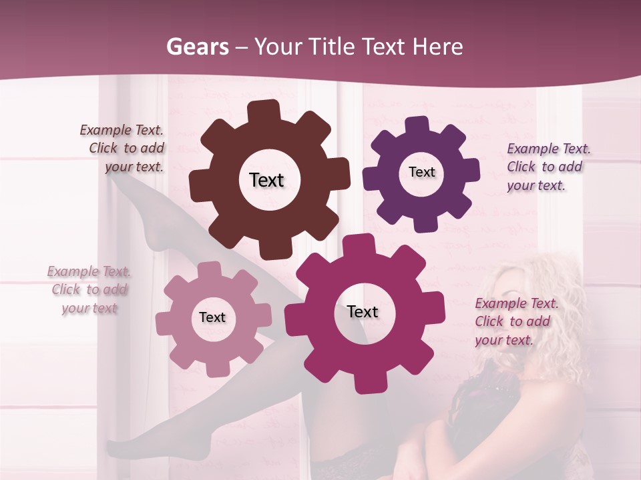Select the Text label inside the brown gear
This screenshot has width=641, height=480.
[x=266, y=180]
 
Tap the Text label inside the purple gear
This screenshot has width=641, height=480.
[x=421, y=172]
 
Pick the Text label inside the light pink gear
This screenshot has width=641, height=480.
[x=212, y=317]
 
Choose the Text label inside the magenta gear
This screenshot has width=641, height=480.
[x=363, y=311]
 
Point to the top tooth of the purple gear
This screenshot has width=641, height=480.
[x=417, y=125]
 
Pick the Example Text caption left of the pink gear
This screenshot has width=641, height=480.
[x=89, y=290]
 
